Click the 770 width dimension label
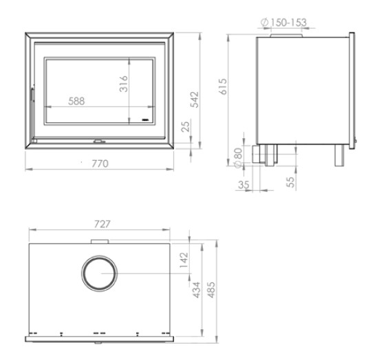(100, 164)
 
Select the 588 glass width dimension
(76, 101)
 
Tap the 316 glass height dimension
(124, 84)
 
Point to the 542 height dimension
(195, 100)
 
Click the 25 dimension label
(186, 126)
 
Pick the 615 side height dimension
(223, 86)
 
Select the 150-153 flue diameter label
(284, 23)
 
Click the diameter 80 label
(238, 157)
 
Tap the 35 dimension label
(243, 185)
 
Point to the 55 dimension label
(290, 182)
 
